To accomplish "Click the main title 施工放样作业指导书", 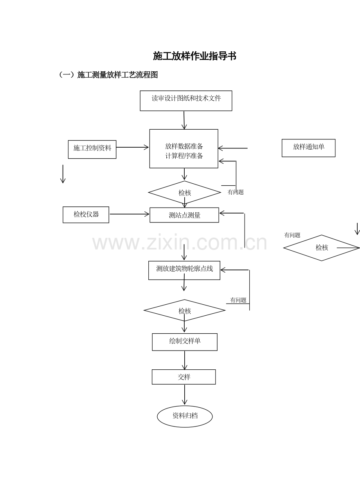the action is [194, 56].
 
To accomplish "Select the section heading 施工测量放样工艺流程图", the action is [117, 75].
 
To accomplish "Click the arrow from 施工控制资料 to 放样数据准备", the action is [132, 147].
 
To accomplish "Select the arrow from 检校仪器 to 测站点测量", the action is [129, 214].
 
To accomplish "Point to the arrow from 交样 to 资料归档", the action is [184, 394].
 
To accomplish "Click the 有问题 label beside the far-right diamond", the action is [292, 235].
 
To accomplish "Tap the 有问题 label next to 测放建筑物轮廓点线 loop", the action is [238, 300].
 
